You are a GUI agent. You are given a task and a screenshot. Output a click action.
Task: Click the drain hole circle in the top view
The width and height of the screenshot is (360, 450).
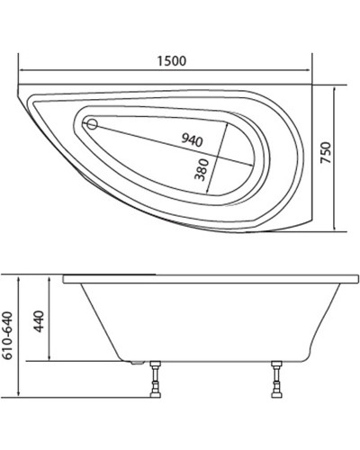click(x=92, y=125)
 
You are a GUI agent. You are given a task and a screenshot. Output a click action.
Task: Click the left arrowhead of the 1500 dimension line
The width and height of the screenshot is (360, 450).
click(x=23, y=71)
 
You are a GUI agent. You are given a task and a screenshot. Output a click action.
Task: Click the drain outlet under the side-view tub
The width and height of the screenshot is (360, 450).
click(x=134, y=364)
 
